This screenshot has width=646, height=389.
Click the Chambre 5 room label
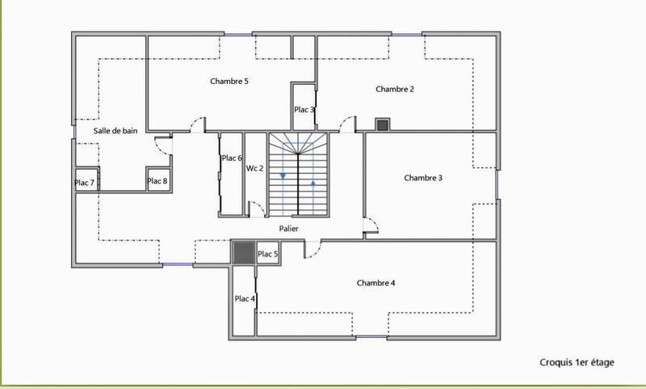[229, 82]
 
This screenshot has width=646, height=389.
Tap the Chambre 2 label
[395, 90]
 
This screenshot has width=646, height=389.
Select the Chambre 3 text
[423, 178]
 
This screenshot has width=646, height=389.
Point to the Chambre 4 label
[375, 283]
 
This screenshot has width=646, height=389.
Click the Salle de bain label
[115, 130]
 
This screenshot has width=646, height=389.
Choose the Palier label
[290, 229]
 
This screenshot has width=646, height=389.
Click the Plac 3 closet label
[304, 110]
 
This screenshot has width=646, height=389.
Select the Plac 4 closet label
[244, 299]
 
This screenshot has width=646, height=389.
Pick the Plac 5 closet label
[268, 254]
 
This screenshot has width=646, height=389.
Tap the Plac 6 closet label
[232, 158]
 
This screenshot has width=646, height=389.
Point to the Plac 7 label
[84, 183]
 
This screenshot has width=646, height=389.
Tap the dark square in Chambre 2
[382, 125]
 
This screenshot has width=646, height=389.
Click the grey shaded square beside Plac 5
[243, 252]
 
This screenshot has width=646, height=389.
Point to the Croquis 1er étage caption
[577, 363]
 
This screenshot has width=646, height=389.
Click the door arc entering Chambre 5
[196, 124]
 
